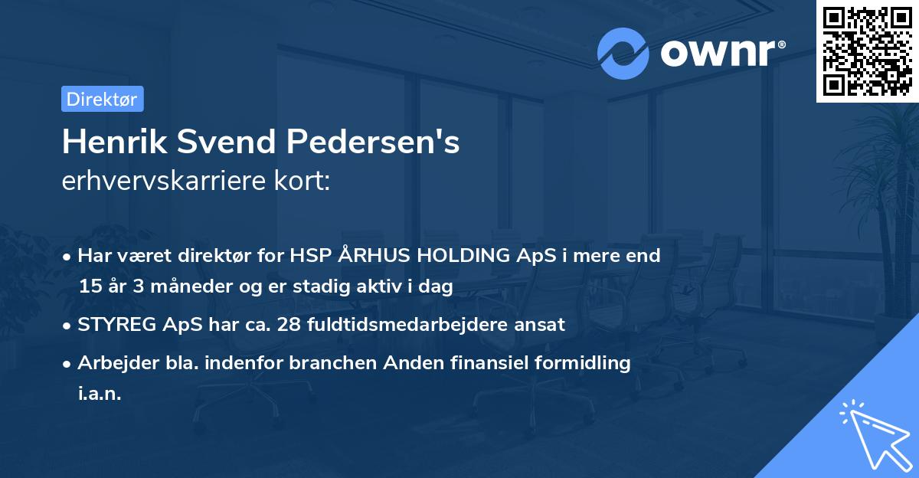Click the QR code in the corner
click(x=868, y=51)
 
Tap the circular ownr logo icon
click(x=623, y=54)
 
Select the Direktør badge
click(x=102, y=99)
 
